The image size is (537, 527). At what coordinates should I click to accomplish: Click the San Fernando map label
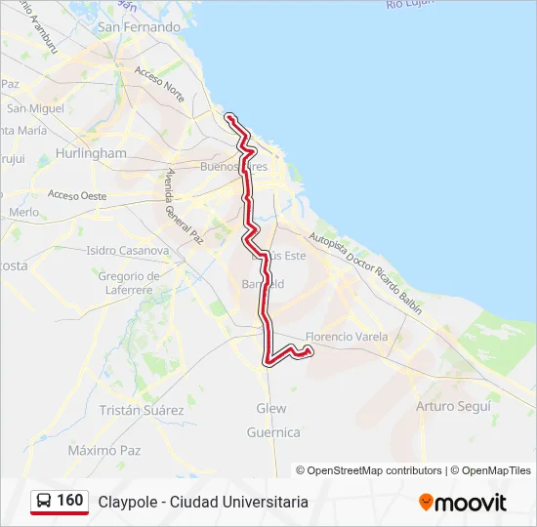tap(139, 27)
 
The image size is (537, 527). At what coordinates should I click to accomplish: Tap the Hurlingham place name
tap(92, 153)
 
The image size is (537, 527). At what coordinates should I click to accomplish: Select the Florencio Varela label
tap(347, 337)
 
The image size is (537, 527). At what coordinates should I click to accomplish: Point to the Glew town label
tap(271, 408)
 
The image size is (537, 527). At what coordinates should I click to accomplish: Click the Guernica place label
tap(273, 431)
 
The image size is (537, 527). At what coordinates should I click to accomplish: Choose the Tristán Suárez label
tap(142, 410)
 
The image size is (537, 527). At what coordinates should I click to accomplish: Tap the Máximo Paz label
tap(104, 450)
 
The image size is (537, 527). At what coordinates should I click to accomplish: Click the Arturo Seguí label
tap(453, 405)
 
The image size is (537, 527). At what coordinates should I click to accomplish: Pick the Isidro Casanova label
tap(128, 251)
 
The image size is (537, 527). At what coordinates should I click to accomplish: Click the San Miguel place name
tap(35, 108)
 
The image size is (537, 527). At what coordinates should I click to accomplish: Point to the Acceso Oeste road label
tap(77, 196)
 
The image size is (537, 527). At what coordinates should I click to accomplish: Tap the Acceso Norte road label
tap(160, 85)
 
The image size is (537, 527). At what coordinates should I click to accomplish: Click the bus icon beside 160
tap(44, 501)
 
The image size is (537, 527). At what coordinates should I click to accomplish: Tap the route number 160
tap(70, 501)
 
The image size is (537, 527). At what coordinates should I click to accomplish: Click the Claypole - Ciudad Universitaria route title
tap(203, 502)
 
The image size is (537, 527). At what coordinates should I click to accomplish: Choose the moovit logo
tap(463, 502)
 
